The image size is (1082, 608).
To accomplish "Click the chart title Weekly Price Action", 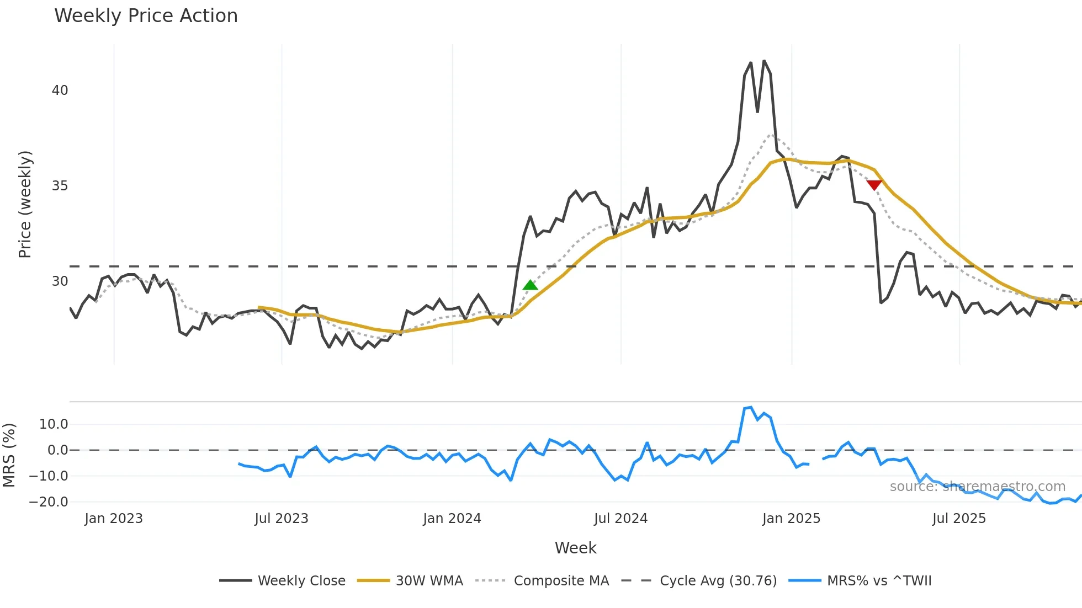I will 146,16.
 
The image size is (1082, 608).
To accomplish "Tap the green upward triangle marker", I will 530,285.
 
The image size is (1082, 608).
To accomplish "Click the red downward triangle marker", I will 874,185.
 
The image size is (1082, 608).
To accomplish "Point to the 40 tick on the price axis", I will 60,90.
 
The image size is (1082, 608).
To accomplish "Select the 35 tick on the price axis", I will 60,186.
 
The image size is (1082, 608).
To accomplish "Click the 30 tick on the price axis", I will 60,281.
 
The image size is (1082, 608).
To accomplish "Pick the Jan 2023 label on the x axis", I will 114,519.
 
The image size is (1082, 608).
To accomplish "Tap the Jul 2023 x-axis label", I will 282,519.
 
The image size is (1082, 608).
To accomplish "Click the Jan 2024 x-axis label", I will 452,519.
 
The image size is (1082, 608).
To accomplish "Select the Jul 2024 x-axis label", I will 620,519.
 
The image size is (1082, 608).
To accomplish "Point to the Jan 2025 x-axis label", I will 791,519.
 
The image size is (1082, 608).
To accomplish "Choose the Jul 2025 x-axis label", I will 959,519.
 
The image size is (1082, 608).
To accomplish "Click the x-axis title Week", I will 575,548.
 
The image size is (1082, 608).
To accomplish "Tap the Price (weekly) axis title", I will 25,204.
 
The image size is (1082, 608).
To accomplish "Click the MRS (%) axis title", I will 9,455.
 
